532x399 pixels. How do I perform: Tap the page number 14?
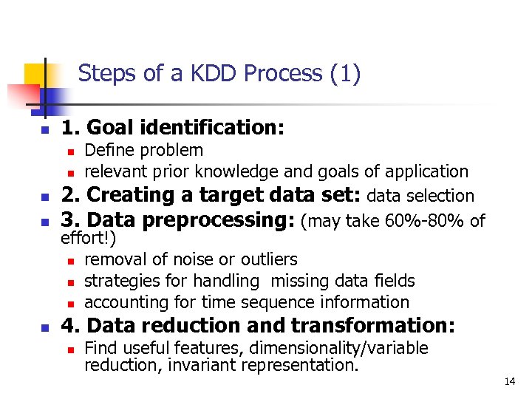pyautogui.click(x=509, y=381)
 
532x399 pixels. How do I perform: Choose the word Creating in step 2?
pyautogui.click(x=135, y=196)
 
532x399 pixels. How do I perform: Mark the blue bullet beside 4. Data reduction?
pyautogui.click(x=44, y=327)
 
